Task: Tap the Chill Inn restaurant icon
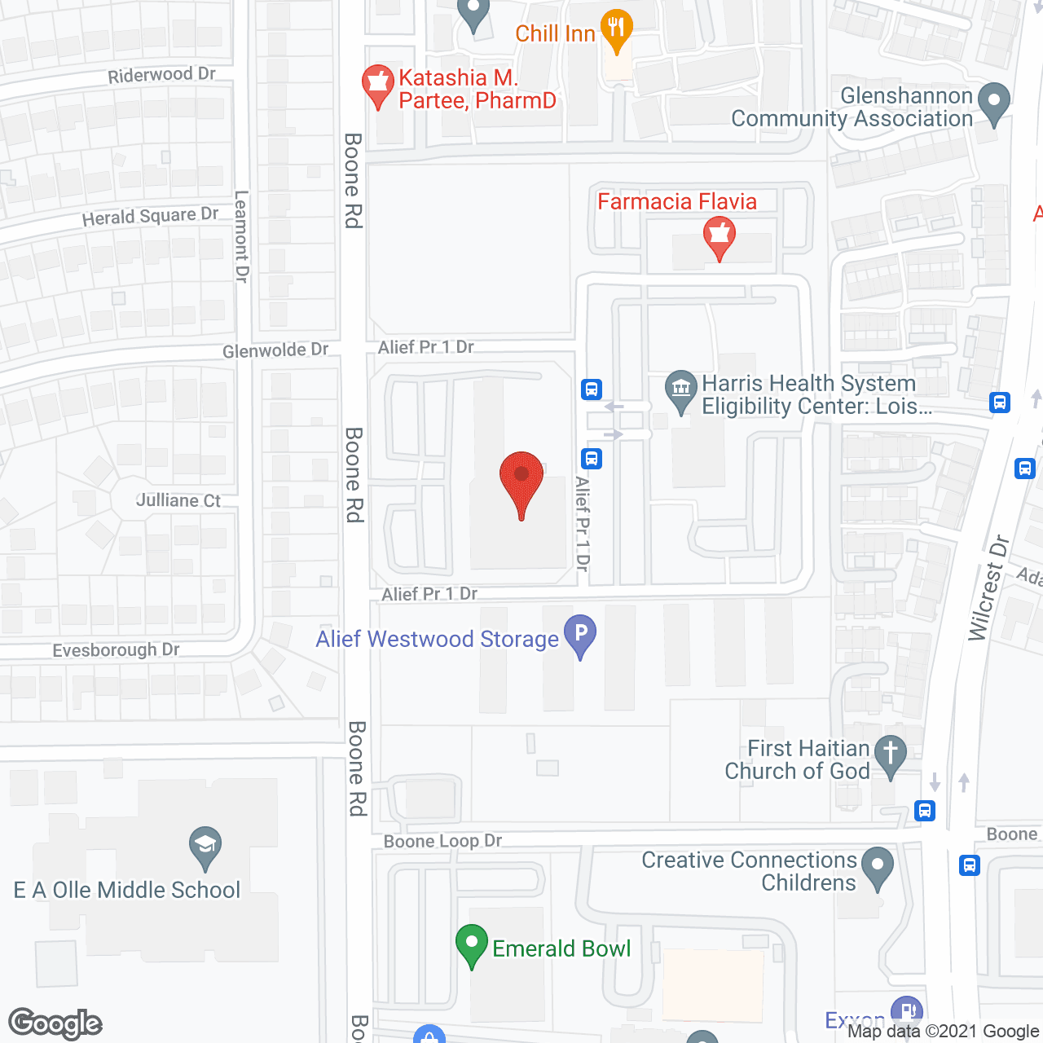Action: tap(616, 29)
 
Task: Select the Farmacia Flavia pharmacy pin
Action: tap(719, 235)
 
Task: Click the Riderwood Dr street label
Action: tap(161, 75)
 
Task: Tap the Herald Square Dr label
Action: tap(150, 217)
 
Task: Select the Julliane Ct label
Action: tap(178, 500)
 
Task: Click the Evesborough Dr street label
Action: tap(116, 650)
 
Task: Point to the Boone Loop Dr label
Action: tap(442, 841)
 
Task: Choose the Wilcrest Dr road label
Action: tap(988, 588)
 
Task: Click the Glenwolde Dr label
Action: tap(275, 350)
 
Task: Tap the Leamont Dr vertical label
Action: tap(242, 236)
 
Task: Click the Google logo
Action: tap(55, 1023)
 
